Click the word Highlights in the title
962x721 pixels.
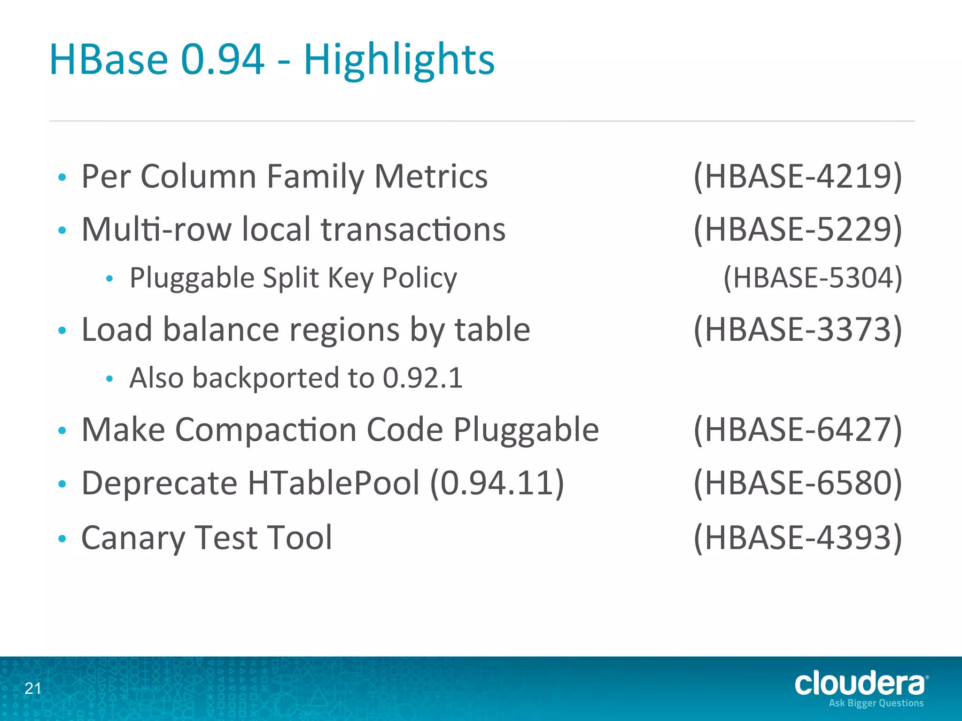[x=399, y=60]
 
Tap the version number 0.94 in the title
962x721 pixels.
[x=223, y=60]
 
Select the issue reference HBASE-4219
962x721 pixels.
[x=798, y=177]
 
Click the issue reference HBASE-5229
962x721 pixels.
[x=798, y=230]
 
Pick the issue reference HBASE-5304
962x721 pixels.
[x=813, y=278]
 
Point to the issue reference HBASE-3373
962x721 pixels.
[x=798, y=330]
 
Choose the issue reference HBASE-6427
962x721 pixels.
[x=798, y=430]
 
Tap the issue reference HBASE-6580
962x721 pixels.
[x=798, y=483]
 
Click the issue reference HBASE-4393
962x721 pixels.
[x=798, y=538]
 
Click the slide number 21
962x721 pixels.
[x=33, y=689]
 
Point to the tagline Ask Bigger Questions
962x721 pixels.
[x=876, y=703]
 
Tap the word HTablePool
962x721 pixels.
[x=334, y=483]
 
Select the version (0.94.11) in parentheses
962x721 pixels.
[x=497, y=483]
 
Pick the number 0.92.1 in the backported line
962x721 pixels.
[x=423, y=378]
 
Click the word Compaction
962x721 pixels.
[x=266, y=430]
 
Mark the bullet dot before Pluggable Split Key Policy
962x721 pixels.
[x=110, y=279]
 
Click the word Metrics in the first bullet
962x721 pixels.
[x=431, y=177]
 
